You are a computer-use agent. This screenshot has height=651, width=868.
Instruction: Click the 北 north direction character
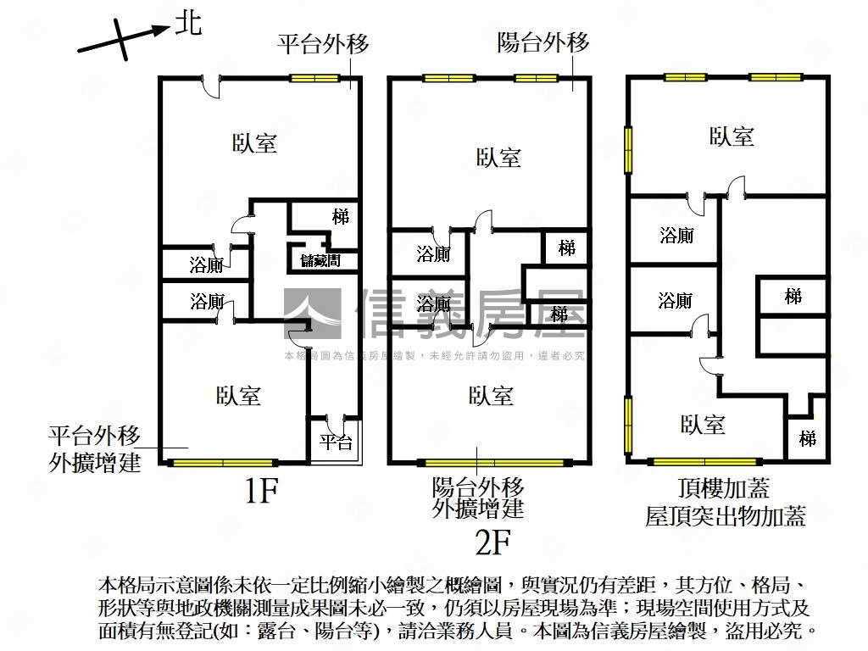[188, 24]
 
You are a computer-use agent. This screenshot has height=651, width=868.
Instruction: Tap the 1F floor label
[261, 492]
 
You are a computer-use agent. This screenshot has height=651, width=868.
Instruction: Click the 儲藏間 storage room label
[320, 261]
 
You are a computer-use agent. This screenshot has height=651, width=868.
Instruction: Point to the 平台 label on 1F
[336, 442]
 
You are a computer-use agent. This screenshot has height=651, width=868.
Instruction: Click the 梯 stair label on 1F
[341, 217]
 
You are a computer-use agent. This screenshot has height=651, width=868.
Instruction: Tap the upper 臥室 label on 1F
[254, 142]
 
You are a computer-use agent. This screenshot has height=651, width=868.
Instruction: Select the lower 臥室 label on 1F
[238, 395]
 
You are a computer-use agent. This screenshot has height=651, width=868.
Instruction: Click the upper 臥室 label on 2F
[498, 158]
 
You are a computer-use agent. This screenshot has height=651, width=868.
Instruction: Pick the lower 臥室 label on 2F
[491, 395]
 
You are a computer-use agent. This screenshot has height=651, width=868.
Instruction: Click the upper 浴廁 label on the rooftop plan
[676, 236]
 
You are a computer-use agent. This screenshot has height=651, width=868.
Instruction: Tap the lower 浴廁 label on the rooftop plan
[676, 300]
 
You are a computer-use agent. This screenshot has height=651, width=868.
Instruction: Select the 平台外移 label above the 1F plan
[324, 44]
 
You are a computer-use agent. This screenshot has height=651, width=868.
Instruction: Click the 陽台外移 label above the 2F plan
[543, 42]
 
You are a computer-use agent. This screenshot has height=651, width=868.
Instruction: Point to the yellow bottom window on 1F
[223, 463]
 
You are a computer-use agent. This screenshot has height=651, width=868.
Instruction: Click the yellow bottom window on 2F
[492, 463]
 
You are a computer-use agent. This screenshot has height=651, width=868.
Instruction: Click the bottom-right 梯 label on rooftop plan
[808, 439]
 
